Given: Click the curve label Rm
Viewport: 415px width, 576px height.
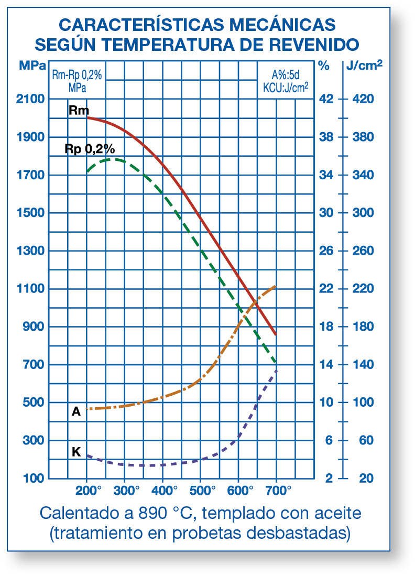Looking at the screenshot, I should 79,110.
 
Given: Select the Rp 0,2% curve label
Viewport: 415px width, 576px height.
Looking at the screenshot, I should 90,148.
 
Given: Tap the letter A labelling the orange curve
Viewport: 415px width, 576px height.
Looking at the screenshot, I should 76,412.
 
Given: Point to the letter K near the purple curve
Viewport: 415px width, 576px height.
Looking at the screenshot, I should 76,451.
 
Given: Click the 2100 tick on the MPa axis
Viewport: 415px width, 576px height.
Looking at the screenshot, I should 30,99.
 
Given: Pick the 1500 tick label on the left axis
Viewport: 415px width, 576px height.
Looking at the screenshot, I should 30,213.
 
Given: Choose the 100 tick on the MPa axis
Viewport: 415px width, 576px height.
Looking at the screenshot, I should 34,478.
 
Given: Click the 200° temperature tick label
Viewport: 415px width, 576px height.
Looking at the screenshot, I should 88,491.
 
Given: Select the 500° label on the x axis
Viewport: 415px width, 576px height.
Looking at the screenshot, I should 202,491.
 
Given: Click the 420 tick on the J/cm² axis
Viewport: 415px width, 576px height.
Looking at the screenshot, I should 365,99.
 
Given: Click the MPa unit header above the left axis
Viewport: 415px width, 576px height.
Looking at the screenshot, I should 32,66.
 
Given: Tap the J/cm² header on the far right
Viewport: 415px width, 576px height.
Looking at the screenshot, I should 364,66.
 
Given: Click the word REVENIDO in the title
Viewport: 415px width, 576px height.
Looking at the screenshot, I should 314,43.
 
